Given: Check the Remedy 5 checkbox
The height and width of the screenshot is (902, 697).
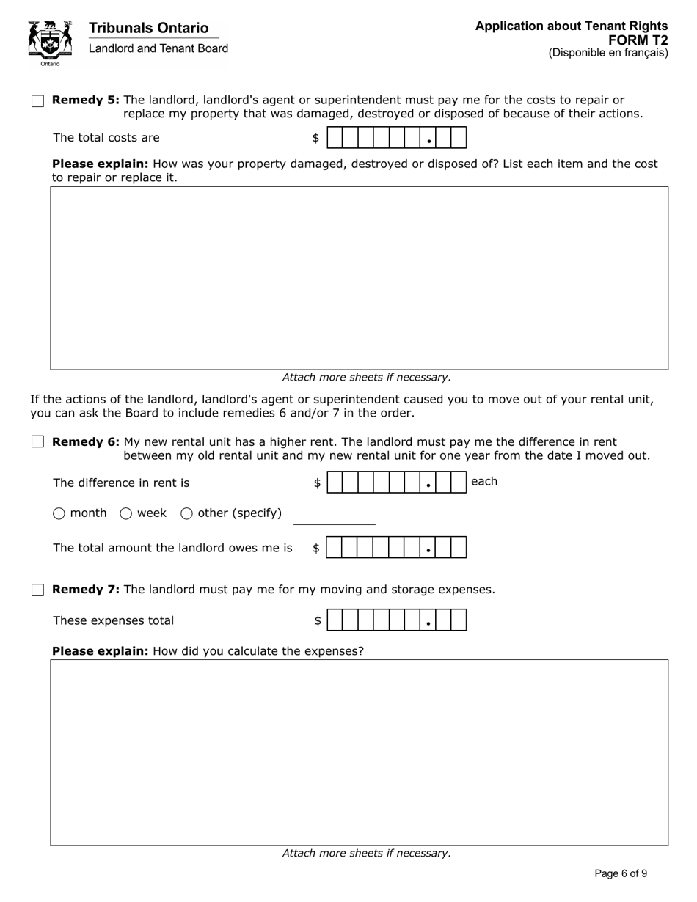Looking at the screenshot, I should [x=38, y=101].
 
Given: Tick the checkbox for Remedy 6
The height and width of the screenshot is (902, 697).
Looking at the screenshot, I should [x=38, y=442].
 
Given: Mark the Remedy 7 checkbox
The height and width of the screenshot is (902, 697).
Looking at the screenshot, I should [x=38, y=590].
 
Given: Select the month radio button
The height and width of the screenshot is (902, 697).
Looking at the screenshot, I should [x=59, y=514].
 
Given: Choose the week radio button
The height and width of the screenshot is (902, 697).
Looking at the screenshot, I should [x=125, y=514].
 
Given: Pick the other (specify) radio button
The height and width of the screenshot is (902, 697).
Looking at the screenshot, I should [x=186, y=514].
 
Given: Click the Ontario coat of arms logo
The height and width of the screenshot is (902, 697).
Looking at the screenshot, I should [x=50, y=42].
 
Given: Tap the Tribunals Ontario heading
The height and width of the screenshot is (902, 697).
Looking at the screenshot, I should [x=148, y=28].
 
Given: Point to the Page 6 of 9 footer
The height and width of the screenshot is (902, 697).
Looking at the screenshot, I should [x=621, y=873].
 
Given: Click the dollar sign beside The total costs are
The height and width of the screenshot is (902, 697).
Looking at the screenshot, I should [x=315, y=138].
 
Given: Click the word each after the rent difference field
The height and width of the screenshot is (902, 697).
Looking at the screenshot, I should [x=483, y=482].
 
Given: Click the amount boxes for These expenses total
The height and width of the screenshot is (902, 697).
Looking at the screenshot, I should [x=396, y=620].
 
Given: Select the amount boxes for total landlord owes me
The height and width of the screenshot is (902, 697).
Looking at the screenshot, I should [x=396, y=548].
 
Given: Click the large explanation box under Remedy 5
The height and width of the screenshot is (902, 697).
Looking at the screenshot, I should [x=359, y=278].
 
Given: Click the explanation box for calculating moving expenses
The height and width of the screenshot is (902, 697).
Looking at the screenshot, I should [x=359, y=752].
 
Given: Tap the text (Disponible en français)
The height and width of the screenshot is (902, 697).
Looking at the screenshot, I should [x=608, y=53].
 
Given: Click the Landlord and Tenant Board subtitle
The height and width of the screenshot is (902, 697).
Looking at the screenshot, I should [x=158, y=48].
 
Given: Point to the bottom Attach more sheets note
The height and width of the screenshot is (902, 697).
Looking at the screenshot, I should [x=366, y=854].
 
